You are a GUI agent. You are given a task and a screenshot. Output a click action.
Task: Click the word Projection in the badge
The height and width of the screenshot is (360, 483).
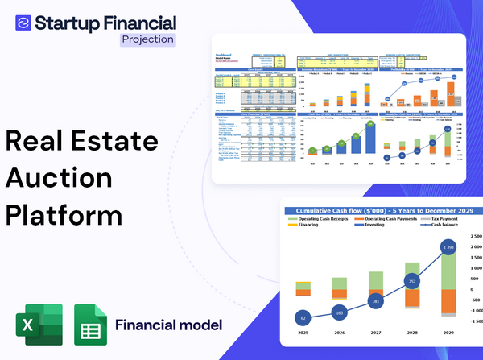click(147, 39)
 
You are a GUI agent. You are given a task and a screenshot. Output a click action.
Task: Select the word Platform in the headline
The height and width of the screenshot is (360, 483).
click(64, 217)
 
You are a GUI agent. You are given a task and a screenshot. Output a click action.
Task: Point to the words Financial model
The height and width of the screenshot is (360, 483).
click(168, 325)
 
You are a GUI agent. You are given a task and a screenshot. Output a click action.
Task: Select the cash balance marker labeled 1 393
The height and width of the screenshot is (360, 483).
click(449, 246)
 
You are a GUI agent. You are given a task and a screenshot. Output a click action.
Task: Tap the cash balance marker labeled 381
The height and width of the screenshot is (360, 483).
click(375, 301)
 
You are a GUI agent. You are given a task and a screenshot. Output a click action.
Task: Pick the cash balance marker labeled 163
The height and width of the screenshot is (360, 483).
click(339, 312)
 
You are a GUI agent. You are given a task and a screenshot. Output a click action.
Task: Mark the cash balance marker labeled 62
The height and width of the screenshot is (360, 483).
click(302, 318)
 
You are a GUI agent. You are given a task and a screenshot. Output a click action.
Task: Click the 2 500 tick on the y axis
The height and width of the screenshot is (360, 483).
click(474, 239)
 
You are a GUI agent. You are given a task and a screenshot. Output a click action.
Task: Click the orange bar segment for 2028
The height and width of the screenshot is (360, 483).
click(411, 299)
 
